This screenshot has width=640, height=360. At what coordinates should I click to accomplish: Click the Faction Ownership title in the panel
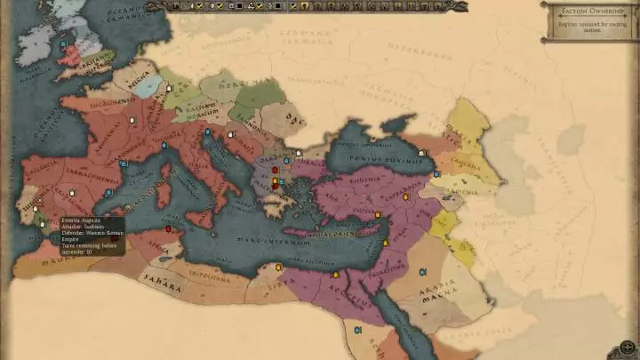tap(588, 12)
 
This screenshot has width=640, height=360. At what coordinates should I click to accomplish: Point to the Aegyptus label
tap(355, 300)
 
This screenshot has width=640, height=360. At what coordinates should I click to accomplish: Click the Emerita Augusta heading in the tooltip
tap(80, 220)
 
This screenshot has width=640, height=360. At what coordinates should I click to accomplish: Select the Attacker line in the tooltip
tap(80, 227)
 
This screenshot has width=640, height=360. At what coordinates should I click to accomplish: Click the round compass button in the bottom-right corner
tap(627, 348)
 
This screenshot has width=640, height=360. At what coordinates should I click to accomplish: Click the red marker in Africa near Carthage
tap(168, 229)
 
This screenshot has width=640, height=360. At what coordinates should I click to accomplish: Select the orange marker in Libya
tap(279, 267)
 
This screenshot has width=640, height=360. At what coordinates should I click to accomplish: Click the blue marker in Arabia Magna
tap(421, 271)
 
